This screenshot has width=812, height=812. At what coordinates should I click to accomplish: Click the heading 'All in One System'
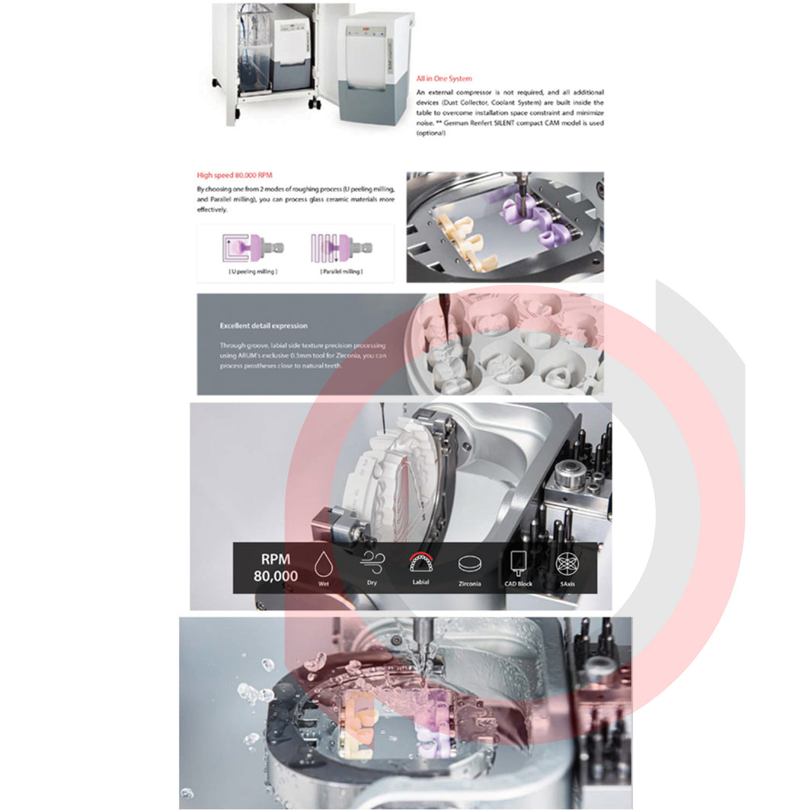444,78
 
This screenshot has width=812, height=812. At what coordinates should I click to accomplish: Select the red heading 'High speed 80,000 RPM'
230,175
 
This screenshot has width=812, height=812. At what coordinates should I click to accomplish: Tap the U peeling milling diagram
252,247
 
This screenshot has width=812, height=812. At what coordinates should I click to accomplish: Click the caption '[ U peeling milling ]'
252,271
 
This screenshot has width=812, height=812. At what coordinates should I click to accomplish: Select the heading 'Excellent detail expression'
264,326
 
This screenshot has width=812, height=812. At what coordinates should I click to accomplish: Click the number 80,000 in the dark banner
276,577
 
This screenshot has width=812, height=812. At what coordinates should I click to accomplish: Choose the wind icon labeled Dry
372,564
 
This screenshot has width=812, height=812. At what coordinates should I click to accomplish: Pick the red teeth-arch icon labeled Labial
420,563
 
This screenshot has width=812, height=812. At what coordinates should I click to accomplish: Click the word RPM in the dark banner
276,558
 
